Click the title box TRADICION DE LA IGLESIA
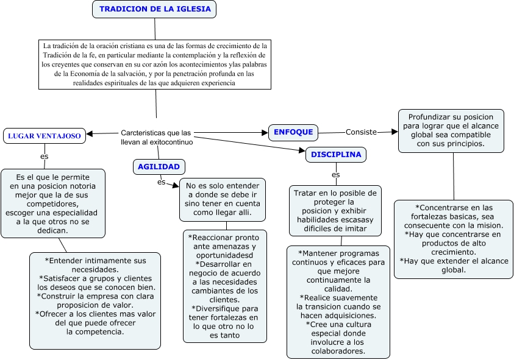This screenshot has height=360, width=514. [x=155, y=9]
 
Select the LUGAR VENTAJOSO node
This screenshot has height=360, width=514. [x=45, y=136]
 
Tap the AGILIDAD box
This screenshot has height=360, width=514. [x=159, y=166]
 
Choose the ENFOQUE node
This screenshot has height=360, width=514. [x=293, y=132]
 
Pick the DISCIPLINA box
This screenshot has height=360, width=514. [x=336, y=155]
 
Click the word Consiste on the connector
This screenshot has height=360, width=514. [x=362, y=132]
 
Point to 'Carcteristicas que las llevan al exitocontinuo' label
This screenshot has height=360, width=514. [x=157, y=136]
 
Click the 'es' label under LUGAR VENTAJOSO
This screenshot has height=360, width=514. [x=45, y=157]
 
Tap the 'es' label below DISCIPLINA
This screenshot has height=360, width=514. [x=336, y=175]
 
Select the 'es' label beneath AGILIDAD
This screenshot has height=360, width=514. [x=161, y=182]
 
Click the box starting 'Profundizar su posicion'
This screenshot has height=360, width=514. [x=451, y=130]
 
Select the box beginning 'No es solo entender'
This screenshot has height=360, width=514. [x=223, y=200]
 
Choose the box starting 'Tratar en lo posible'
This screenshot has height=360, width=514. [x=335, y=210]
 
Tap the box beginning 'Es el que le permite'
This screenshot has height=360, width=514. [x=53, y=203]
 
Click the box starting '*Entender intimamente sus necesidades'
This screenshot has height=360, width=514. [x=95, y=300]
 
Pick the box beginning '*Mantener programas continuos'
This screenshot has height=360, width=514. [x=338, y=301]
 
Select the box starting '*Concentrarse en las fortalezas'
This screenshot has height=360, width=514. [x=452, y=239]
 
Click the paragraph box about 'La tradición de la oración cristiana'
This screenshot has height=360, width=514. [x=155, y=64]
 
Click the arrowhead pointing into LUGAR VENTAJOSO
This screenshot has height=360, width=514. [x=89, y=134]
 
